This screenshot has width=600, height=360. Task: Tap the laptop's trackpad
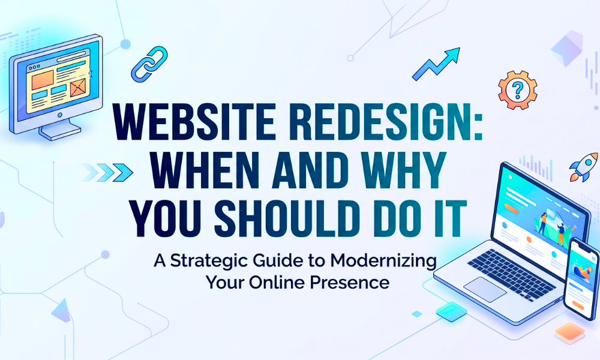tap(485, 289)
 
